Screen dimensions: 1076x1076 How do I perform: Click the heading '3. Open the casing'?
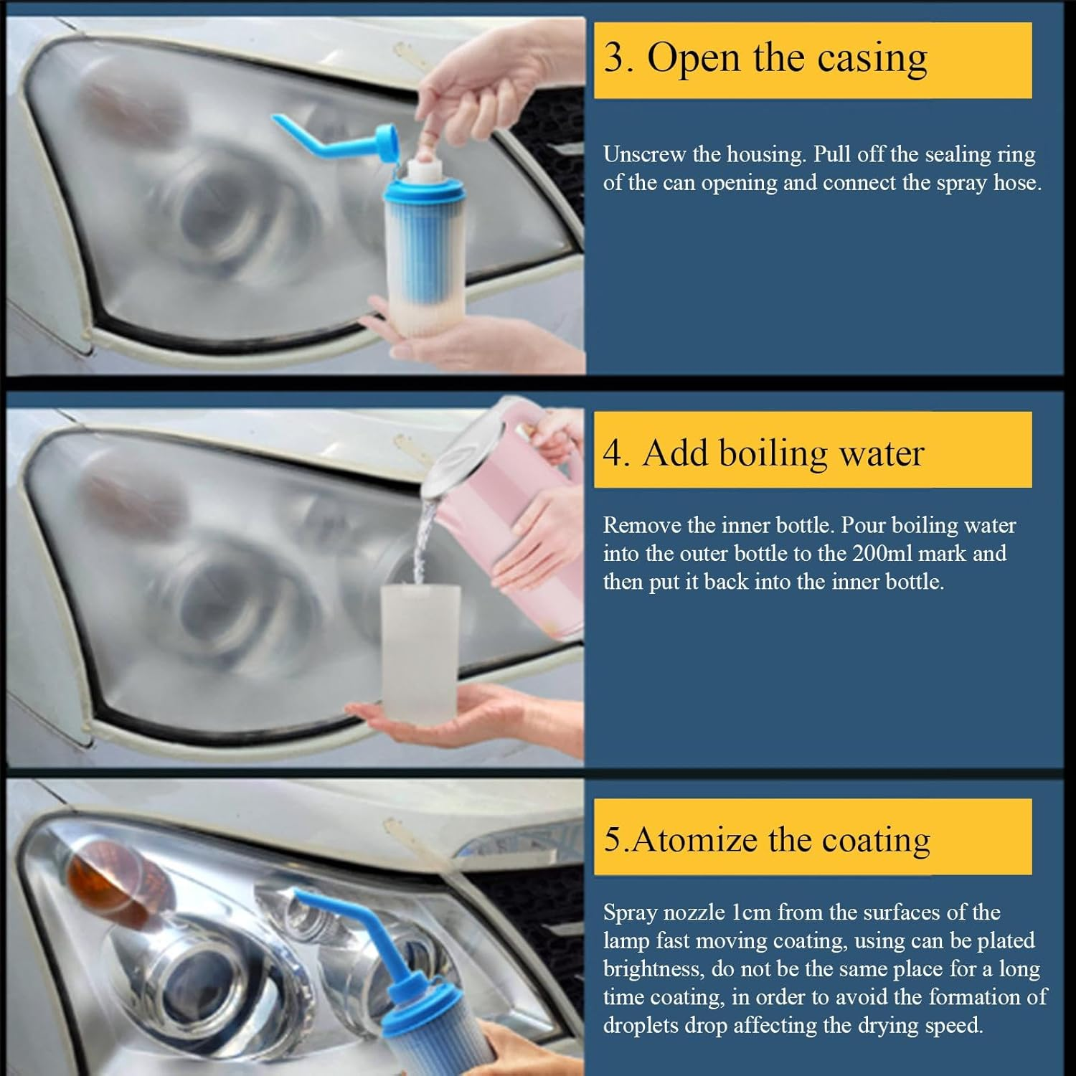pyautogui.click(x=765, y=58)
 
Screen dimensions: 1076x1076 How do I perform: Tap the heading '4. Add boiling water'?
pyautogui.click(x=763, y=453)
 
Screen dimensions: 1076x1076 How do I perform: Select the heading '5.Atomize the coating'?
pyautogui.click(x=766, y=839)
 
